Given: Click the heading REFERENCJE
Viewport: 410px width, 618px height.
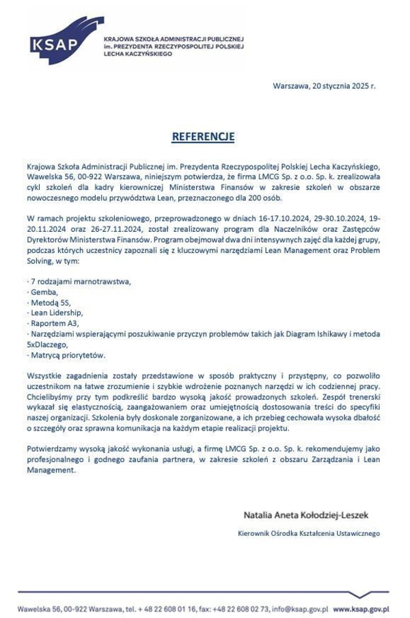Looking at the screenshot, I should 203,137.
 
